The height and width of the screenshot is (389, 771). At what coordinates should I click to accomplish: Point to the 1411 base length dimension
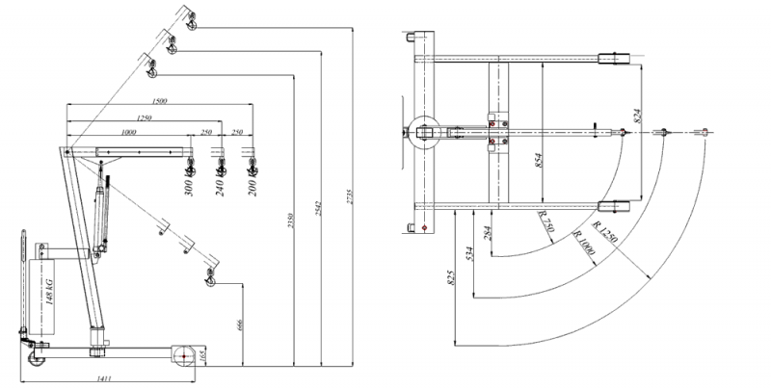tap(106, 379)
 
